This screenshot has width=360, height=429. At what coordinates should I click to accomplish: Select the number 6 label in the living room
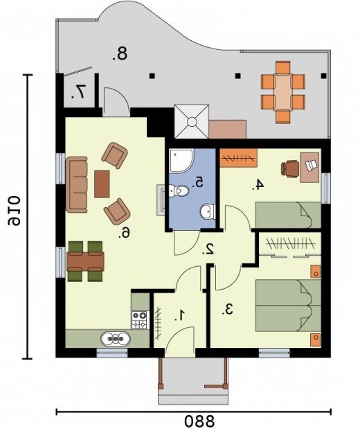[124, 233]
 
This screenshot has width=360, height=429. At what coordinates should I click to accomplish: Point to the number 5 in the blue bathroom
[197, 182]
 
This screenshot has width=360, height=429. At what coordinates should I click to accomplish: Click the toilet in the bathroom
[179, 191]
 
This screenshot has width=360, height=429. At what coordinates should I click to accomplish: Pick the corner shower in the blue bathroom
[181, 161]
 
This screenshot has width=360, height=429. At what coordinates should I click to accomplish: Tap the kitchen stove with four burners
[139, 319]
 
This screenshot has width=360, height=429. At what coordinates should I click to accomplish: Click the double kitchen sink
[116, 339]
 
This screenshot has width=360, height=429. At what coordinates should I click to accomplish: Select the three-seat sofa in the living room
[77, 184]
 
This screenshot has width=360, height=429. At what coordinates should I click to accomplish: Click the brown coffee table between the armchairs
[102, 184]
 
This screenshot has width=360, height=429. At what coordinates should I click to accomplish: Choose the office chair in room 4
[290, 168]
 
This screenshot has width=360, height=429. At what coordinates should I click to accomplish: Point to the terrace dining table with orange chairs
[283, 92]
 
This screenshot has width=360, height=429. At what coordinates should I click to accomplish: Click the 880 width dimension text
[199, 421]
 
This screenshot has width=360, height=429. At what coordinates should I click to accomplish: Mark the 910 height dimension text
[14, 211]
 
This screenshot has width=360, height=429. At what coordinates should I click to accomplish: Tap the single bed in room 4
[288, 215]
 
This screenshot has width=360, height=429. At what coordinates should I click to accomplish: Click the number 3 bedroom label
[228, 309]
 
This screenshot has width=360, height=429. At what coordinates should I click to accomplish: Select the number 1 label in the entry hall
[179, 315]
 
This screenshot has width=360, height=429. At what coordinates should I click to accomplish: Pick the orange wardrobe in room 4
[238, 157]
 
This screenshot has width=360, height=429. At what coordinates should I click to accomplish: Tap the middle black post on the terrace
[238, 76]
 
